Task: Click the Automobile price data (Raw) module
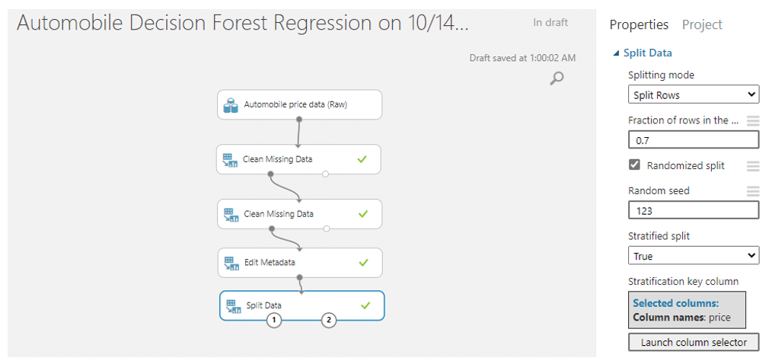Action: pos(299,104)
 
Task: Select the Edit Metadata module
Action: pos(300,263)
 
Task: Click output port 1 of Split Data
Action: pos(274,321)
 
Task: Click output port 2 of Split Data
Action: pos(328,321)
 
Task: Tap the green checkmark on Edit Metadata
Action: pos(363,263)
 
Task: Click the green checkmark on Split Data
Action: pos(365,305)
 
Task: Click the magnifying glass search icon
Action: pos(557,78)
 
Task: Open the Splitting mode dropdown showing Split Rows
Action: pos(694,94)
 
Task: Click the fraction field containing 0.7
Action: pos(694,140)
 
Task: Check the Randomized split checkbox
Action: pos(634,165)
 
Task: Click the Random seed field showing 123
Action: pos(694,211)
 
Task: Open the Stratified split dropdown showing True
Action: pos(694,256)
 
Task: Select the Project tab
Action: pos(702,24)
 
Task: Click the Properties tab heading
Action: pos(639,24)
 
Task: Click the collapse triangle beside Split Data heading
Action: pos(616,53)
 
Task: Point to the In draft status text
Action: pos(550,23)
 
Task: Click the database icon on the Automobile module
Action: pos(231,105)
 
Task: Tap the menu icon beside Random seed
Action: pos(753,191)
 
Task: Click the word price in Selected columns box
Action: pos(719,318)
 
